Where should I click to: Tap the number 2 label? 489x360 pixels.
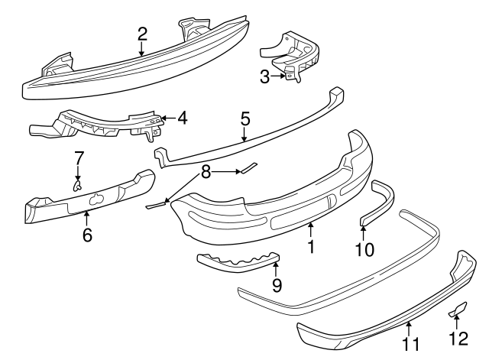pyautogui.click(x=142, y=34)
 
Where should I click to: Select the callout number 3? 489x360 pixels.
pyautogui.click(x=264, y=76)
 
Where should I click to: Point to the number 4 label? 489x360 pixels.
pyautogui.click(x=181, y=119)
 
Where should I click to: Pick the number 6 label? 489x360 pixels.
pyautogui.click(x=87, y=235)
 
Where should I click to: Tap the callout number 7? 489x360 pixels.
pyautogui.click(x=77, y=158)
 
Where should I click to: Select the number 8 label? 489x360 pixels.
pyautogui.click(x=204, y=173)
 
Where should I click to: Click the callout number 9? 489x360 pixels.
pyautogui.click(x=277, y=285)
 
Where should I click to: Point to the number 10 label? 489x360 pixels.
pyautogui.click(x=364, y=249)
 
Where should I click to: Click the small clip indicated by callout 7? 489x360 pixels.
pyautogui.click(x=77, y=184)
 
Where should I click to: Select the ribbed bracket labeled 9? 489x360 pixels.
pyautogui.click(x=237, y=264)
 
